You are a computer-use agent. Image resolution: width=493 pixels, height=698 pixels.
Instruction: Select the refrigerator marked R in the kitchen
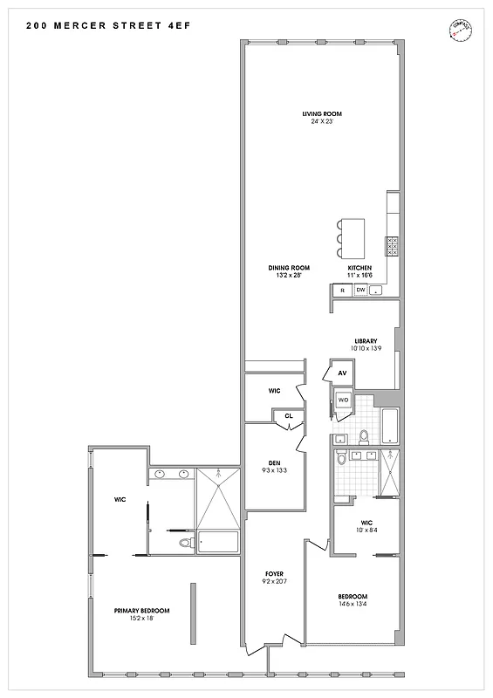pos(343,290)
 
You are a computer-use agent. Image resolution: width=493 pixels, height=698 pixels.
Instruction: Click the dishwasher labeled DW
pos(359,290)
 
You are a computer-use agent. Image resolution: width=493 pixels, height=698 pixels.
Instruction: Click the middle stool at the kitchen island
pos(339,237)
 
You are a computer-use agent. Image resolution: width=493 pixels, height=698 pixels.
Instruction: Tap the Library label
pos(365,341)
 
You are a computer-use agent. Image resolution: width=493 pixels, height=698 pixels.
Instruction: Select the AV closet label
pos(342,373)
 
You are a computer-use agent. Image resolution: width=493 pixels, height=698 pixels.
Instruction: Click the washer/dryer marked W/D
pos(343,400)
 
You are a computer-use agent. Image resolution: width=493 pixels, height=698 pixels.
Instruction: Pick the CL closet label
pos(288,416)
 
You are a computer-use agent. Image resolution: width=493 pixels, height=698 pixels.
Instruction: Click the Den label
pos(273,463)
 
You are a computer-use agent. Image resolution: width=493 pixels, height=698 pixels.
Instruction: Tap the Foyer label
pos(275,573)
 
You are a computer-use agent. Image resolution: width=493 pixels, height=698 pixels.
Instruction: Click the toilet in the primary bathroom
pos(185,544)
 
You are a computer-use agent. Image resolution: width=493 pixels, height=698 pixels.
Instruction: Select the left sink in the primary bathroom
pos(160,475)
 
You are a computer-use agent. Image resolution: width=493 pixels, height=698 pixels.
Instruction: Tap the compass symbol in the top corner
pos(454,30)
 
